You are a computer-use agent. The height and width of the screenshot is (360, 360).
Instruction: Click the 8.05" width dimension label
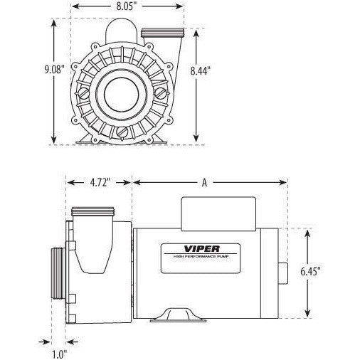[127, 6]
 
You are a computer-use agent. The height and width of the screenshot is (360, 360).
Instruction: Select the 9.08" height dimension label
[55, 70]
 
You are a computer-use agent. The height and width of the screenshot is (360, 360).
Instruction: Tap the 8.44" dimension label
[201, 70]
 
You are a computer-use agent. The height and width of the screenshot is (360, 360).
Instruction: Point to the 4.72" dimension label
[100, 183]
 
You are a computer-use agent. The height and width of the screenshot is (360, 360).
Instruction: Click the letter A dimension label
[204, 183]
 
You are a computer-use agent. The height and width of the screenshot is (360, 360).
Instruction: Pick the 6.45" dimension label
[311, 272]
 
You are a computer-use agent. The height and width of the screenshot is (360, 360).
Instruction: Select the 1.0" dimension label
[59, 355]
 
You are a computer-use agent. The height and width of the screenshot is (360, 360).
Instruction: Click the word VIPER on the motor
[202, 249]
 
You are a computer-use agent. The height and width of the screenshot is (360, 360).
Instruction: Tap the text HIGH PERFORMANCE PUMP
[201, 257]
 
